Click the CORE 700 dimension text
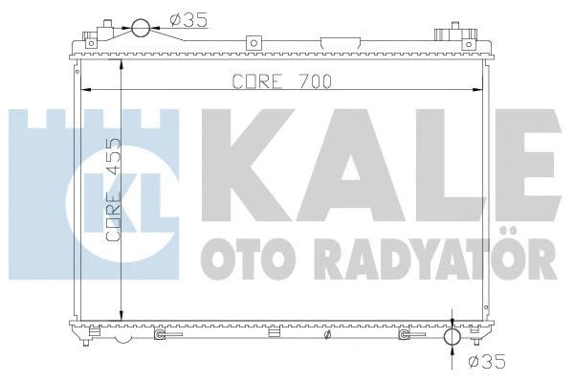point(281,81)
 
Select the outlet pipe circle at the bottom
point(453,339)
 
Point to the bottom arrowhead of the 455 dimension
point(121,317)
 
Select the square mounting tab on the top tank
point(254,42)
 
